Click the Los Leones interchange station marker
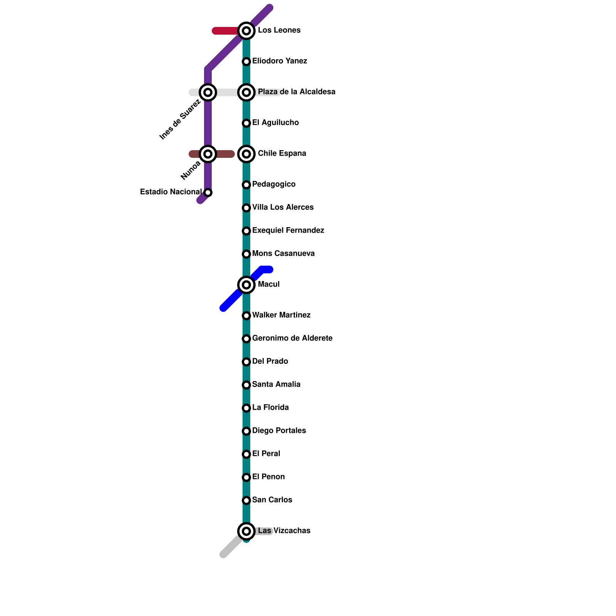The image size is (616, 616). click(246, 31)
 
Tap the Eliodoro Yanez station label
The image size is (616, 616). click(280, 61)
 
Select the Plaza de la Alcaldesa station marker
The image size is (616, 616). click(246, 92)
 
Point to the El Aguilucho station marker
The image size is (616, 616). click(246, 123)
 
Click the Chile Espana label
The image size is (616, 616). click(282, 154)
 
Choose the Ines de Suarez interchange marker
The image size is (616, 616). click(208, 92)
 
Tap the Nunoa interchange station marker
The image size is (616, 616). click(208, 154)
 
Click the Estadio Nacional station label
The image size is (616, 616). click(171, 192)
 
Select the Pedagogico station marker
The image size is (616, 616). click(246, 185)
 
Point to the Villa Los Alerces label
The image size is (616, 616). click(283, 208)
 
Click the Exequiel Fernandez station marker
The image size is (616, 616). click(246, 231)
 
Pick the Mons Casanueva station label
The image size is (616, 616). click(283, 254)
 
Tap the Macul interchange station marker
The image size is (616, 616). click(246, 285)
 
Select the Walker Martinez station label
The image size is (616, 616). click(281, 315)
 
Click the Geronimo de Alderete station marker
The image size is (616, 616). click(246, 339)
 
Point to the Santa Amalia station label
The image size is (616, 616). click(276, 385)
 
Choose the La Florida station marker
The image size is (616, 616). click(246, 408)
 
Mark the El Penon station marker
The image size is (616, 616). click(246, 477)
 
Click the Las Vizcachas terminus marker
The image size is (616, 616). click(246, 531)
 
